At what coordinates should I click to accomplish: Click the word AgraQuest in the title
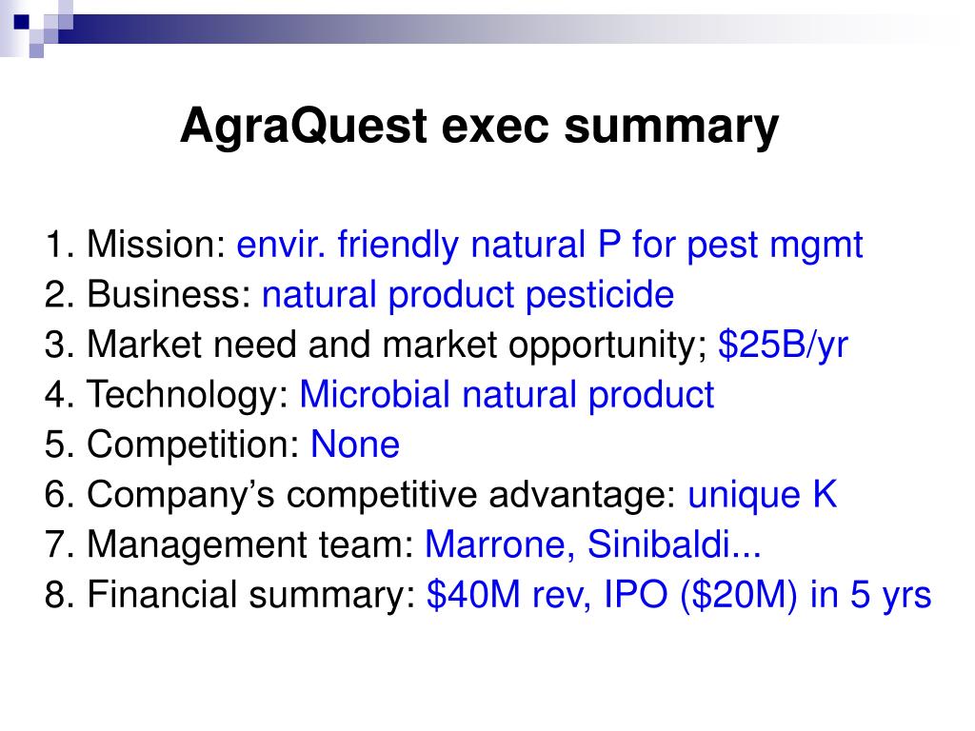point(304,127)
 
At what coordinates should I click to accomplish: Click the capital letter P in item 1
point(609,244)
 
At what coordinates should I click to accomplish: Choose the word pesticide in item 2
point(600,295)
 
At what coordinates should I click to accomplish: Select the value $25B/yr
point(783,345)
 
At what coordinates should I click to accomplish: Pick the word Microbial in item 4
point(374,394)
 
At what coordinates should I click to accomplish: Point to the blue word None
point(354,445)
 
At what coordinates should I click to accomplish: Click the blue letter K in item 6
point(825,494)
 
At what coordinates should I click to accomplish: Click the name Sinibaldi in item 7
point(658,544)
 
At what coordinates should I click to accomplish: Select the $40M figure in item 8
point(473,594)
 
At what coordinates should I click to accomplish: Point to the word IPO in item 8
point(635,594)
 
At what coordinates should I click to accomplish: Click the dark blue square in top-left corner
point(22,21)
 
